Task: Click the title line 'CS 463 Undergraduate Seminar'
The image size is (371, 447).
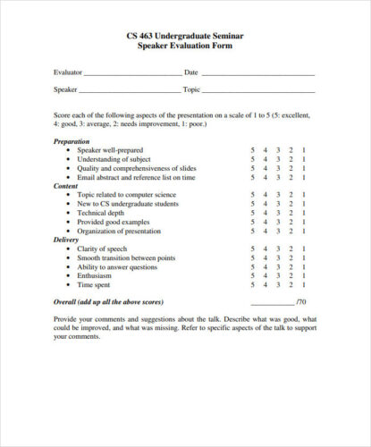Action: pyautogui.click(x=185, y=36)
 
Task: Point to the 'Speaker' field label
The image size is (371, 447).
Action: pyautogui.click(x=65, y=89)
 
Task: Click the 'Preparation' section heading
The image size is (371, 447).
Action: pyautogui.click(x=72, y=141)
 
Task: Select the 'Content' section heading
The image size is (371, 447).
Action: pyautogui.click(x=66, y=185)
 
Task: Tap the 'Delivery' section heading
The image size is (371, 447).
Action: pyautogui.click(x=67, y=240)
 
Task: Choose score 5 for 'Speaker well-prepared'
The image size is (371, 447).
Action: pyautogui.click(x=253, y=150)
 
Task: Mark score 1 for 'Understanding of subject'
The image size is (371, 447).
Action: pyautogui.click(x=304, y=159)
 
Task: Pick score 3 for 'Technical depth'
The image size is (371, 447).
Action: pyautogui.click(x=278, y=213)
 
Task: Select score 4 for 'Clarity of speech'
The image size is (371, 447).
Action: pyautogui.click(x=266, y=249)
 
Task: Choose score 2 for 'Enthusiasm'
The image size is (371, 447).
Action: pyautogui.click(x=291, y=275)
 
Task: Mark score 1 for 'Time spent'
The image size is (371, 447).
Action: pyautogui.click(x=304, y=284)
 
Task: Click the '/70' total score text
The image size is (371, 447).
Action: pyautogui.click(x=301, y=302)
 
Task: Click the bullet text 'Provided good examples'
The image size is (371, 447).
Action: pyautogui.click(x=114, y=222)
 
